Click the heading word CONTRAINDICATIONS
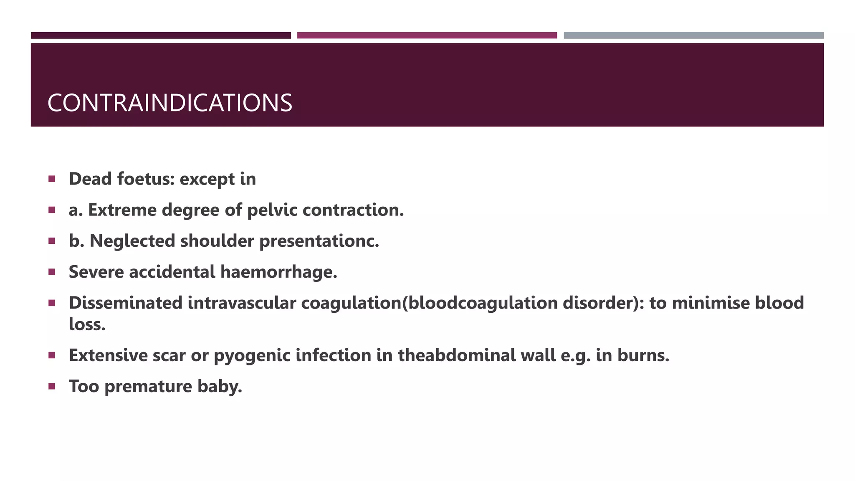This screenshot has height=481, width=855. point(169,103)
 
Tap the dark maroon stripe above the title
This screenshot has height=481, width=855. point(161,35)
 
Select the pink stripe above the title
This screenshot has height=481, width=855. point(427,35)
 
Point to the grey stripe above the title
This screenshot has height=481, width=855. point(693,35)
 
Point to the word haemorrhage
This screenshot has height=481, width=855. point(278,272)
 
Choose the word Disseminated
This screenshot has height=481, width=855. point(126,303)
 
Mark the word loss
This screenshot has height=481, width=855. point(87,324)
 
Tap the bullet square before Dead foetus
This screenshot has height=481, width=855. point(52,179)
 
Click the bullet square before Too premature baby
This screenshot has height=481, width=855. point(52,386)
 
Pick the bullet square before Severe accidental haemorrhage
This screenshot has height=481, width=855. point(52,272)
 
